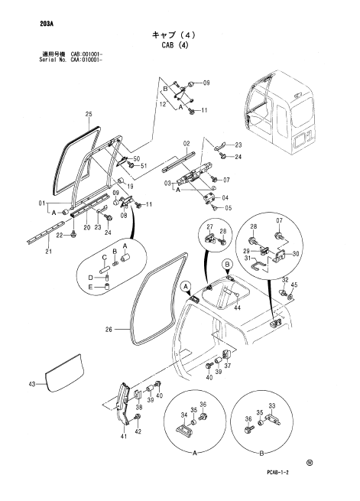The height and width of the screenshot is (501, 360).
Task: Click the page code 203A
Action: (x=47, y=23)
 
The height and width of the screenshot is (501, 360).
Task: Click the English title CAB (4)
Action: (x=175, y=44)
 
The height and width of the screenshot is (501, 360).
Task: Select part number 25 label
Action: (x=89, y=114)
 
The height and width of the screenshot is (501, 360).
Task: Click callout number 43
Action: (x=32, y=385)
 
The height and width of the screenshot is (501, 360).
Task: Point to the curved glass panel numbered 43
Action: (x=64, y=372)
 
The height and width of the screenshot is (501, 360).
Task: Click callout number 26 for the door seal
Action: (x=109, y=329)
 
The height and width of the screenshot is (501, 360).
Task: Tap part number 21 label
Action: (x=48, y=252)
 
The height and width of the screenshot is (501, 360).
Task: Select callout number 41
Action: (x=124, y=436)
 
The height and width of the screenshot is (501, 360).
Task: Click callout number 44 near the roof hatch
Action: (x=237, y=307)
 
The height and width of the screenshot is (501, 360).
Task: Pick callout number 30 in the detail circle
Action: (x=296, y=254)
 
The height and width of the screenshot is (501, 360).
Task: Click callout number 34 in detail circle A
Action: (x=184, y=415)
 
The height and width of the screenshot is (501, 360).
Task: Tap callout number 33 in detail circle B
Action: (x=271, y=406)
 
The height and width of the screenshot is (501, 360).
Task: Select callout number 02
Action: (x=186, y=144)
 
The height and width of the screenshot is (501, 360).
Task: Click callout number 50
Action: (x=137, y=159)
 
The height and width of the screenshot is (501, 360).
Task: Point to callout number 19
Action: (x=130, y=187)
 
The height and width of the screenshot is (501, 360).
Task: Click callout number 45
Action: (x=294, y=285)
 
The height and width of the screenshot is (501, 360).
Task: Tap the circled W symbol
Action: (x=309, y=463)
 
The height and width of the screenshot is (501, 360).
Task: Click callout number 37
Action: (x=227, y=366)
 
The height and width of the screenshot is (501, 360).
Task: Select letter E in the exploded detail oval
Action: (x=91, y=288)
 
